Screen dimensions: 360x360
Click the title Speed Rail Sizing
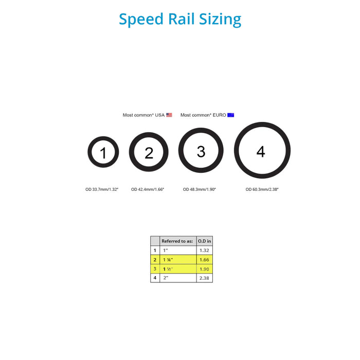[180, 19]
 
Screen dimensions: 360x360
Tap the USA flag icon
[169, 115]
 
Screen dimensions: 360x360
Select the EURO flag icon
[231, 115]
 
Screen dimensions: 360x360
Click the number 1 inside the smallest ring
[103, 153]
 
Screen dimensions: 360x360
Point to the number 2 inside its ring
[149, 153]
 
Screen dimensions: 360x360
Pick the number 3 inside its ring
[201, 151]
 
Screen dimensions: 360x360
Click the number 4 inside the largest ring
[261, 152]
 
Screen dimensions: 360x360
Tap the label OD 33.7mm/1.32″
[102, 189]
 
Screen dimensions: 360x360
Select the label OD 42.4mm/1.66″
[148, 189]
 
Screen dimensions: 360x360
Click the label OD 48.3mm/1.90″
[200, 189]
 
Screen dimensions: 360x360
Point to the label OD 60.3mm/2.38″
[262, 189]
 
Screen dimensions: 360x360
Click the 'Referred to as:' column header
[177, 241]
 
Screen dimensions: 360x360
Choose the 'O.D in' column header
[205, 241]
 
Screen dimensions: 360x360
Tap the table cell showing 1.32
[205, 250]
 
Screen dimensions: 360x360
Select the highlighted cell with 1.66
[205, 259]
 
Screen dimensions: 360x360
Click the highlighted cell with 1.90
[205, 268]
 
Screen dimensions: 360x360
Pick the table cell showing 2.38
[205, 278]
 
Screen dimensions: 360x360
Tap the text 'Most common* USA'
[143, 115]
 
